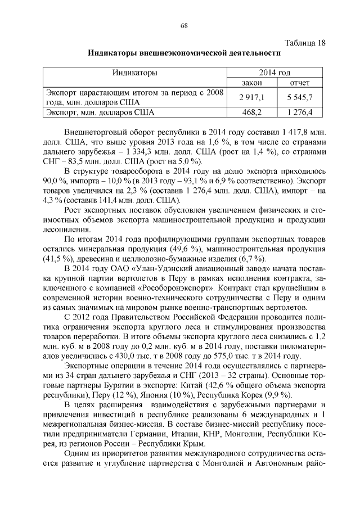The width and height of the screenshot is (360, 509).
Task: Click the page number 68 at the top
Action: [x=183, y=25]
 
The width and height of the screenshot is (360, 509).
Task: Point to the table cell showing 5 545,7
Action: [x=299, y=97]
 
